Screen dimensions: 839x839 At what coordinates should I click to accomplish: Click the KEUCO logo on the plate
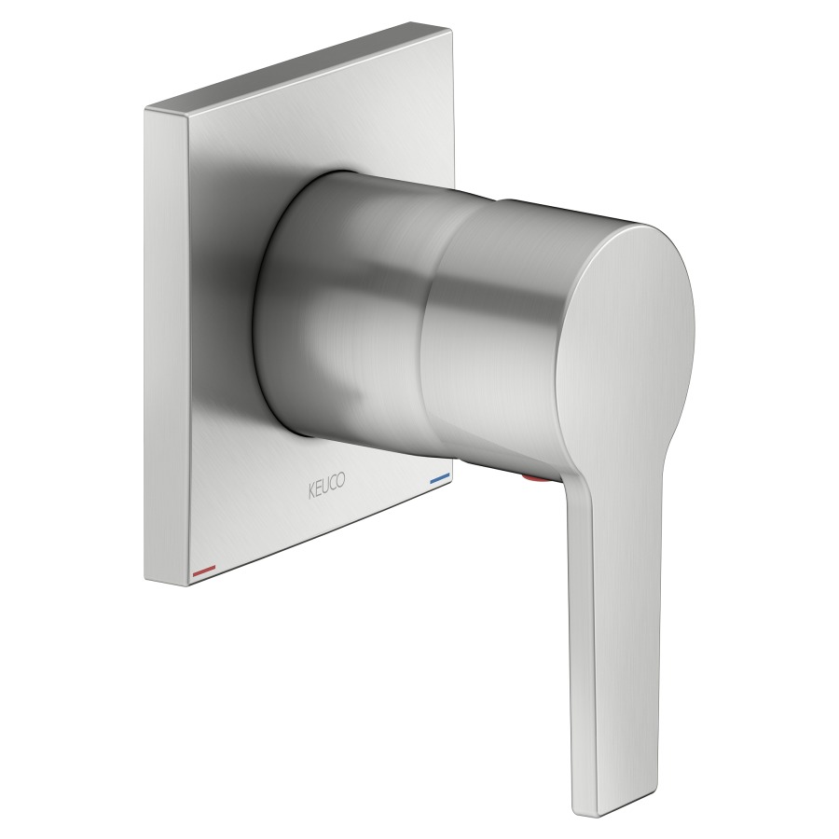pyautogui.click(x=326, y=485)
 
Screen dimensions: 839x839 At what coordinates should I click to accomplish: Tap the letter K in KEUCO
pyautogui.click(x=310, y=491)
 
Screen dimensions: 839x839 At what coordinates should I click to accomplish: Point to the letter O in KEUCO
pyautogui.click(x=341, y=479)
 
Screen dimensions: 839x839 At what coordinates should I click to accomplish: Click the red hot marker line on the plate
pyautogui.click(x=203, y=571)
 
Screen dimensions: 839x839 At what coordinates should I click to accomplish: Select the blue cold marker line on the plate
pyautogui.click(x=440, y=477)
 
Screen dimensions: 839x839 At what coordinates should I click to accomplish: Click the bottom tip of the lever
pyautogui.click(x=621, y=816)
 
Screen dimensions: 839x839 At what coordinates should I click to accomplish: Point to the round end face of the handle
pyautogui.click(x=625, y=342)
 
